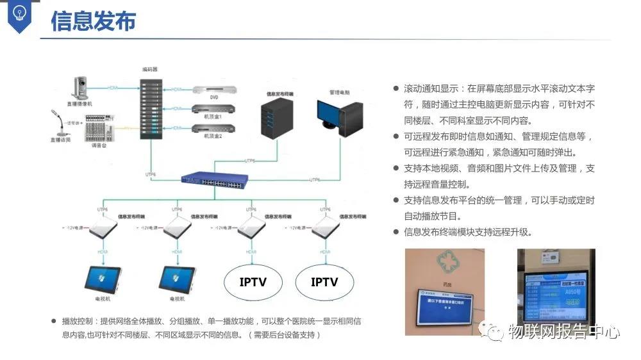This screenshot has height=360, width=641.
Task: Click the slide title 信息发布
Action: (x=93, y=20)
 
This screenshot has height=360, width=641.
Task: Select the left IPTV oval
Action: (x=253, y=282)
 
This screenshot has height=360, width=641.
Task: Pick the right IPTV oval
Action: (x=324, y=282)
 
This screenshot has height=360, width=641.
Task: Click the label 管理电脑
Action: (x=340, y=92)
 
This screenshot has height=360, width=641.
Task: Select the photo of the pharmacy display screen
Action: (x=444, y=291)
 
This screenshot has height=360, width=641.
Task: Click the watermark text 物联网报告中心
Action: (x=563, y=332)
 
